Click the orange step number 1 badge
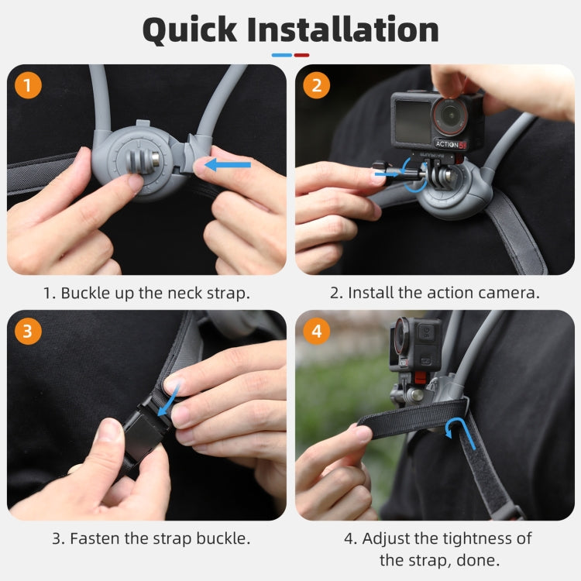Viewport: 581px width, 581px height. tap(28, 84)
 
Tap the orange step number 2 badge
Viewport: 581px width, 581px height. tap(316, 84)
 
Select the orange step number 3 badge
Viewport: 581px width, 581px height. tap(28, 332)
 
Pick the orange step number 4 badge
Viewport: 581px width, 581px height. tap(316, 332)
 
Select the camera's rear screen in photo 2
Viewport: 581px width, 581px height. tap(413, 122)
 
